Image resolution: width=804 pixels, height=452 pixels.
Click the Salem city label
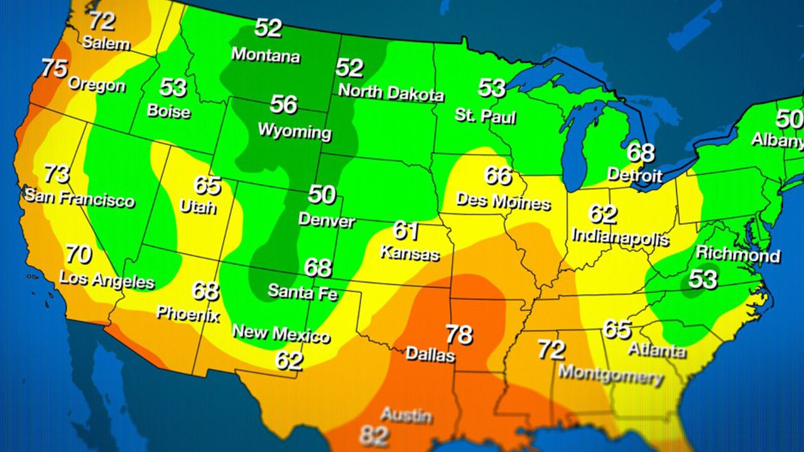106,43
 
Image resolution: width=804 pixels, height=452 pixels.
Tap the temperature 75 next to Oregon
55,68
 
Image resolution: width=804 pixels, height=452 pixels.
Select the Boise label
168,111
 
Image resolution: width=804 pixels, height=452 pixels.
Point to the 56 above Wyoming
283,104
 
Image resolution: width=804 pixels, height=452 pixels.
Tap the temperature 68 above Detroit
640,153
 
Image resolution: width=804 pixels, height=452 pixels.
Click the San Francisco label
79,198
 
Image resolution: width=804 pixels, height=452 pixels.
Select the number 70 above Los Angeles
79,255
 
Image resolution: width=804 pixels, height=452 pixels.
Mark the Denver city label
326,220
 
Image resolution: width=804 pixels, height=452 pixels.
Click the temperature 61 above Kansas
406,230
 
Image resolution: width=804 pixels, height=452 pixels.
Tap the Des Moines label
503,202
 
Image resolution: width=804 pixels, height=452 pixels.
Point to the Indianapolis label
620,237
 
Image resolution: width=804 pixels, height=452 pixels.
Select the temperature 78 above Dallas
459,334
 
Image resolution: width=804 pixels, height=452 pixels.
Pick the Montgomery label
611,375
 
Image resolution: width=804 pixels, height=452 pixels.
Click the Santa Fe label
302,292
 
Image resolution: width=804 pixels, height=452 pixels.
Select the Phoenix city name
188,313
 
